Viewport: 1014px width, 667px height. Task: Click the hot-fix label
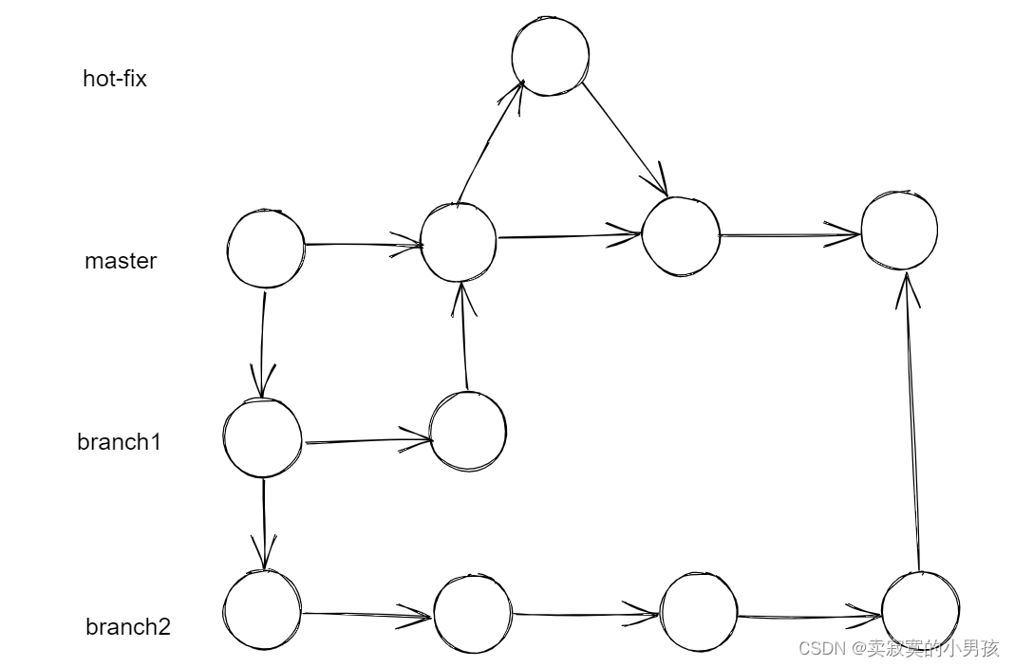coord(115,79)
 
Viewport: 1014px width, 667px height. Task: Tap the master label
coord(121,261)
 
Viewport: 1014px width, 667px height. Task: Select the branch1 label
coord(119,442)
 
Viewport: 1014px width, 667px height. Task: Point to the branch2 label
coord(128,627)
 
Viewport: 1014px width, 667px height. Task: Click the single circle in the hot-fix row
coord(550,56)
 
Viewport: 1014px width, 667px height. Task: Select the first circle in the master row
coord(266,249)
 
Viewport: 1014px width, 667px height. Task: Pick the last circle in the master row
coord(899,231)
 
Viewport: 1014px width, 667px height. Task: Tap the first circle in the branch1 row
coord(263,437)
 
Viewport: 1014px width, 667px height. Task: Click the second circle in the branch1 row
coord(468,431)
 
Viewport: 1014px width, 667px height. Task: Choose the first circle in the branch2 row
coord(263,610)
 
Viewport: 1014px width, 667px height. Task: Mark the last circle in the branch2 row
coord(920,611)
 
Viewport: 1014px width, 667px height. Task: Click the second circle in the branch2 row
coord(473,614)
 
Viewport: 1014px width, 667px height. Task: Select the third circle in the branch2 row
coord(699,612)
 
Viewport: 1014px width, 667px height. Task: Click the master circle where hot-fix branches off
coord(459,242)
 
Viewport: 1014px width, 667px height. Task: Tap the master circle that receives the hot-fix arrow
coord(681,236)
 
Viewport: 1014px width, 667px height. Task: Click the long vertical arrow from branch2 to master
coord(913,422)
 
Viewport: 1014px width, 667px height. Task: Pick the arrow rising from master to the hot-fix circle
coord(489,142)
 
